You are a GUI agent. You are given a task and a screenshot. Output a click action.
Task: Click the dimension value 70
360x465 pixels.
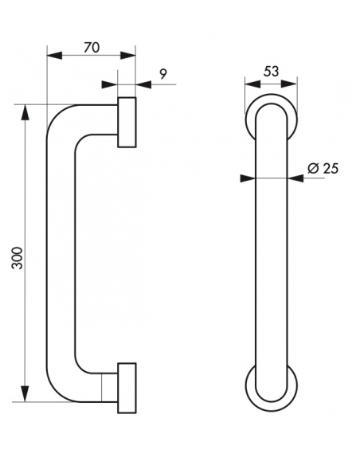click(x=92, y=48)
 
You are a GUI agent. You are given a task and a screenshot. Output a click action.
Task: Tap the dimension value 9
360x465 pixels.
click(x=163, y=74)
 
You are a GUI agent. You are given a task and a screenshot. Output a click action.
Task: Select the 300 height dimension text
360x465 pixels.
click(x=18, y=258)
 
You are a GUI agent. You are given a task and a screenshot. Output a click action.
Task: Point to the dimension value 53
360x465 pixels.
click(x=272, y=72)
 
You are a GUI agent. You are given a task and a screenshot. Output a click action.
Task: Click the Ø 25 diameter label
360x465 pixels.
click(x=323, y=169)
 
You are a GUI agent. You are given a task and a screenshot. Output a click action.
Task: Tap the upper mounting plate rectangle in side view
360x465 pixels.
click(x=127, y=122)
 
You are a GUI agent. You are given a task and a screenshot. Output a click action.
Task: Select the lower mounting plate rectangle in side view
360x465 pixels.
click(x=127, y=388)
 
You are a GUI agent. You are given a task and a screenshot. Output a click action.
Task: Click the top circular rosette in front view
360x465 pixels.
click(x=272, y=98)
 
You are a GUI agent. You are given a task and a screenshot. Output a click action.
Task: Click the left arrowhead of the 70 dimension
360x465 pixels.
click(x=55, y=56)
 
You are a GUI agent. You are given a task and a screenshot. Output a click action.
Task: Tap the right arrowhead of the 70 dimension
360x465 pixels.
click(x=128, y=56)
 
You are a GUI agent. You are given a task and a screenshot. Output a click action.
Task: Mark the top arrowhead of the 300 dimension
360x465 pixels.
click(x=25, y=112)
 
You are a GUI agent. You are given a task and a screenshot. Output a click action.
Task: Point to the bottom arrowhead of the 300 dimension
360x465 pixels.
click(x=25, y=394)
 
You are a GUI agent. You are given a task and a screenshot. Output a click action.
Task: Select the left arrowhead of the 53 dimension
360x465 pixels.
click(x=252, y=84)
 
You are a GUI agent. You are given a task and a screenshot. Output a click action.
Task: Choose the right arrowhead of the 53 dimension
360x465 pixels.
click(x=289, y=84)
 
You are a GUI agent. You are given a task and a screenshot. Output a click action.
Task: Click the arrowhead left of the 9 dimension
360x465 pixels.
click(x=109, y=84)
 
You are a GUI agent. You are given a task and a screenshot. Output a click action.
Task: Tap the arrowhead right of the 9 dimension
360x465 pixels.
click(x=143, y=84)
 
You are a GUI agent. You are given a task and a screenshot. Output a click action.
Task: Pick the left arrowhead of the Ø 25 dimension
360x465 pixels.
click(x=248, y=178)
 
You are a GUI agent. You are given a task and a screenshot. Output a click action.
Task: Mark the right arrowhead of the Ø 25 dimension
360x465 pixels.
click(x=295, y=178)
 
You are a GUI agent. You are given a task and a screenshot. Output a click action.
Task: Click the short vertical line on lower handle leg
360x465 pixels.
click(x=101, y=388)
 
